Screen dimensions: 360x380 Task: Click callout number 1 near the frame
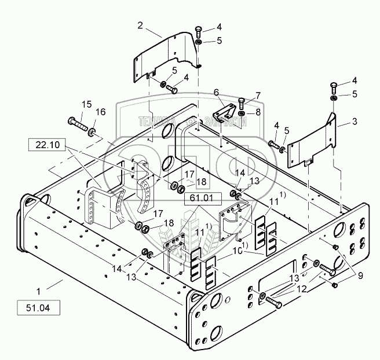39,286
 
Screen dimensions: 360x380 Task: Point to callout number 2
140,25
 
